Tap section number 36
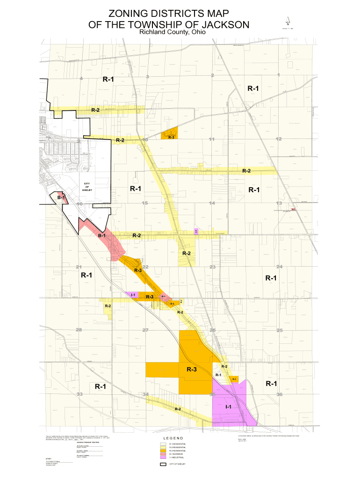point(280,395)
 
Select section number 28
point(79,330)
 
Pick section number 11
point(212,139)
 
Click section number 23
point(213,267)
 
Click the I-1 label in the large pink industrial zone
point(229,407)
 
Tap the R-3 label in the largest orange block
point(191,370)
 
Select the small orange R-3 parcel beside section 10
point(170,134)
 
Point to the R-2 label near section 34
point(178,409)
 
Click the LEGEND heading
point(175,438)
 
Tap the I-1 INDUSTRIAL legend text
point(177,457)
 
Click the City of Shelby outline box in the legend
point(163,464)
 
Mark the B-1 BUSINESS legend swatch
point(163,454)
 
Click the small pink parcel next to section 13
point(293,209)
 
